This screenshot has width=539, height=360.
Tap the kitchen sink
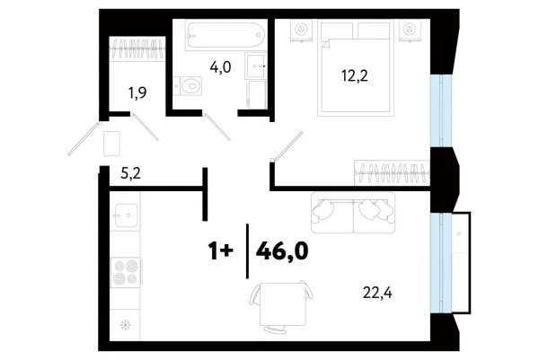(124, 216)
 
